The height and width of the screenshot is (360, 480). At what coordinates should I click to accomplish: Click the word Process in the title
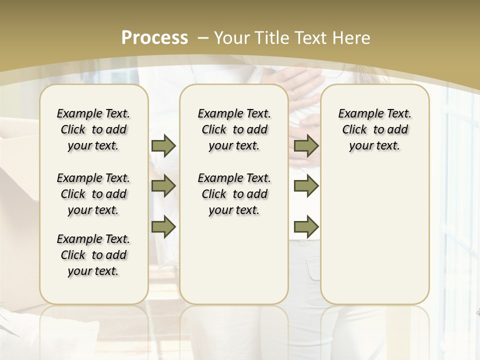tap(154, 37)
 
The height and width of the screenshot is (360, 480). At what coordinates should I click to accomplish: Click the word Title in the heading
tap(273, 37)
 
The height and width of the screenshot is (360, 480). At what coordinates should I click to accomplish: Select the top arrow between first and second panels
tap(163, 145)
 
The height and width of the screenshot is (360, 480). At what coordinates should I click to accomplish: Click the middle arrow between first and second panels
tap(163, 186)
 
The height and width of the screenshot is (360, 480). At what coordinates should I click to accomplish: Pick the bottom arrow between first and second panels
tap(163, 226)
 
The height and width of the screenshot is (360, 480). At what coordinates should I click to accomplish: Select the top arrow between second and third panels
tap(306, 145)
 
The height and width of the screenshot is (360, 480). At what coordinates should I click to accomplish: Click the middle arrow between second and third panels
tap(306, 186)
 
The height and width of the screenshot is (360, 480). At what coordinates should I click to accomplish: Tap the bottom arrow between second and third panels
tap(306, 226)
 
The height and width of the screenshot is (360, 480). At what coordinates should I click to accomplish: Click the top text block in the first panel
tap(93, 129)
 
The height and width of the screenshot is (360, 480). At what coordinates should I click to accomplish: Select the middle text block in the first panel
tap(93, 194)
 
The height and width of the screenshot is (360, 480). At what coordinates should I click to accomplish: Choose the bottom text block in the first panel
tap(93, 255)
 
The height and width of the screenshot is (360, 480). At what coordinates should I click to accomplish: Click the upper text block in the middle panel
tap(234, 129)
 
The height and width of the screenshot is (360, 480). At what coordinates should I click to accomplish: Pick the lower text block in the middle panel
tap(234, 194)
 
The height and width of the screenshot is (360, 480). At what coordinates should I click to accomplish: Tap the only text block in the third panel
tap(374, 129)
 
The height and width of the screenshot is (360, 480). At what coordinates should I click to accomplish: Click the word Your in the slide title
tap(232, 37)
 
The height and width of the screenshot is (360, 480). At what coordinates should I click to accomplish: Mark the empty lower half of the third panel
tap(374, 240)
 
